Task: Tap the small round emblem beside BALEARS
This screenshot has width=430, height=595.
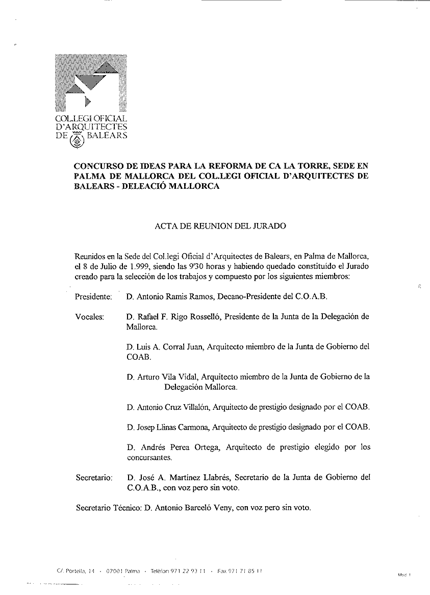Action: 77,139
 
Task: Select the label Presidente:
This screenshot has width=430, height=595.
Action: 93,296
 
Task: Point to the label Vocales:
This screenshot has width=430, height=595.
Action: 89,317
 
